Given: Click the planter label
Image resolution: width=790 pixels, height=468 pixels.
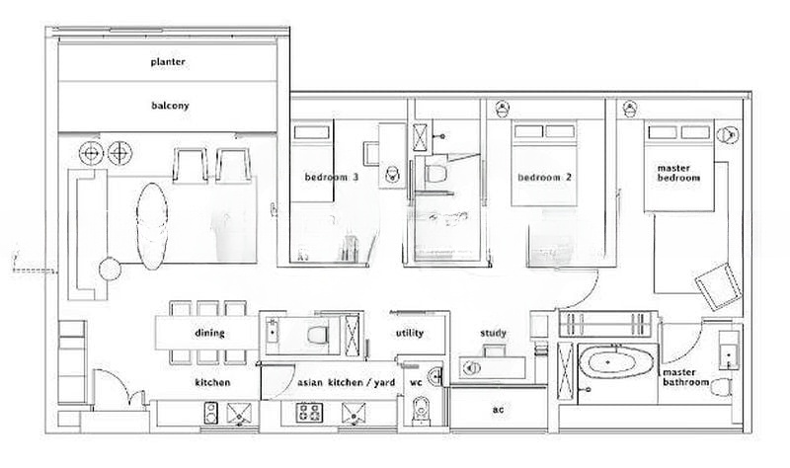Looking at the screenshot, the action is click(168, 62).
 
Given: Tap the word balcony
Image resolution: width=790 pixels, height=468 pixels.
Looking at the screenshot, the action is click(170, 106).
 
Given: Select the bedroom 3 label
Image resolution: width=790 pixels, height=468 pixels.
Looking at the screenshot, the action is click(332, 178).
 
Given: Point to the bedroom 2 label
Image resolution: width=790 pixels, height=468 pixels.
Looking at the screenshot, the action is click(545, 178).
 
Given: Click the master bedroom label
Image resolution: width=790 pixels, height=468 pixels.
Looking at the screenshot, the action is click(678, 173).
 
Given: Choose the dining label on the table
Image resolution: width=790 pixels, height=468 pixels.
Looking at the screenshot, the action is click(209, 333).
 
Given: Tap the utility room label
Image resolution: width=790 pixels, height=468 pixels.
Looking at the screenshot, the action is click(410, 333).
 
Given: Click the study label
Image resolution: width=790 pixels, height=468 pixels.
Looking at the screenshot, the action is click(493, 333).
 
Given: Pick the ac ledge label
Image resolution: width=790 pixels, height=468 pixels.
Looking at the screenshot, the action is click(498, 410).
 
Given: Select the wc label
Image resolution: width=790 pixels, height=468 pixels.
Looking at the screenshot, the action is click(416, 383).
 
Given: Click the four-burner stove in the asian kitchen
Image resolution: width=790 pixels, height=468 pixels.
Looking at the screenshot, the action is click(309, 413).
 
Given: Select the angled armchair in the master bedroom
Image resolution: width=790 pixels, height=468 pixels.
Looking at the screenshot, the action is click(719, 285).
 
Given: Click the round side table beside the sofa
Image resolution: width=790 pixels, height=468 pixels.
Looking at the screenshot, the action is click(110, 270).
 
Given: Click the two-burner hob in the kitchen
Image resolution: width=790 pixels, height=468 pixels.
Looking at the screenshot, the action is click(210, 413).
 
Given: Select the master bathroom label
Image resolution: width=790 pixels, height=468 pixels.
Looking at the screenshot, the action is click(685, 377).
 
